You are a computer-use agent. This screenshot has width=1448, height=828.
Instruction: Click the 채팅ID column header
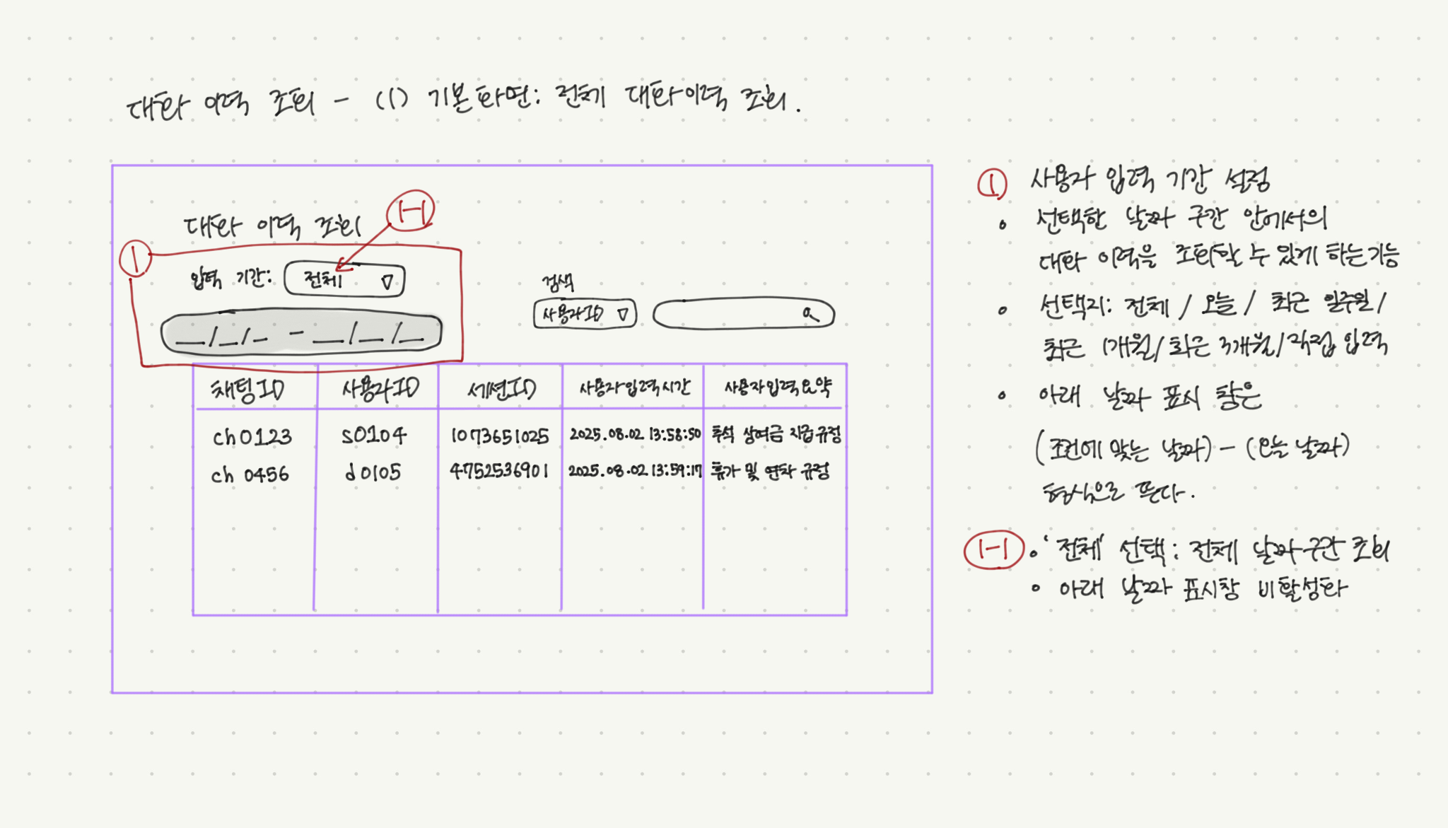point(248,389)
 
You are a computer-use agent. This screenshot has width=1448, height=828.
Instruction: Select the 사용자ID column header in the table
point(380,388)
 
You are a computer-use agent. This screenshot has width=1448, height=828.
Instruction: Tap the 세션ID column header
point(501,388)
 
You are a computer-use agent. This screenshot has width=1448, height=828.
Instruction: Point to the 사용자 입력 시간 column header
point(634,387)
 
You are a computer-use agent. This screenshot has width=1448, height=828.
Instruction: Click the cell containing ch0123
point(252,437)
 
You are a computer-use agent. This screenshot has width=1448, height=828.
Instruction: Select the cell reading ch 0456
point(250,474)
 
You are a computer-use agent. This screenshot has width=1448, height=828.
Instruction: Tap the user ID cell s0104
point(373,436)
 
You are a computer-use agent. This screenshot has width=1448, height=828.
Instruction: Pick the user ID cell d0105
point(373,472)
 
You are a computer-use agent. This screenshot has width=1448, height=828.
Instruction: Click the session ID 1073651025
point(500,436)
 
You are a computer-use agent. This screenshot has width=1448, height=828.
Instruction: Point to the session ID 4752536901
point(499,471)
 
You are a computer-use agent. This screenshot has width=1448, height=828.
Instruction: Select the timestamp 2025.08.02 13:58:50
point(634,434)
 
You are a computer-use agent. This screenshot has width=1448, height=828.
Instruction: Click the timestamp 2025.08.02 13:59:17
point(634,471)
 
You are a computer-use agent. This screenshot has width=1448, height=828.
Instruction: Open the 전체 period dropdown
point(344,280)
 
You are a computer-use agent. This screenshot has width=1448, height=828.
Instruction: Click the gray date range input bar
point(301,334)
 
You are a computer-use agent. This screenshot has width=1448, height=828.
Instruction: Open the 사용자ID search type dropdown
point(584,314)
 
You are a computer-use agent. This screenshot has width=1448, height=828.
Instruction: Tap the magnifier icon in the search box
point(810,313)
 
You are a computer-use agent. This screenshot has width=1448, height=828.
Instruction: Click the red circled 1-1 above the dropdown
point(411,211)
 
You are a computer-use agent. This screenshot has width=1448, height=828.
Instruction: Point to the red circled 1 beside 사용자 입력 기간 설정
point(992,184)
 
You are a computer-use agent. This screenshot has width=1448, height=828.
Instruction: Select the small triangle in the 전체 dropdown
point(387,282)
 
